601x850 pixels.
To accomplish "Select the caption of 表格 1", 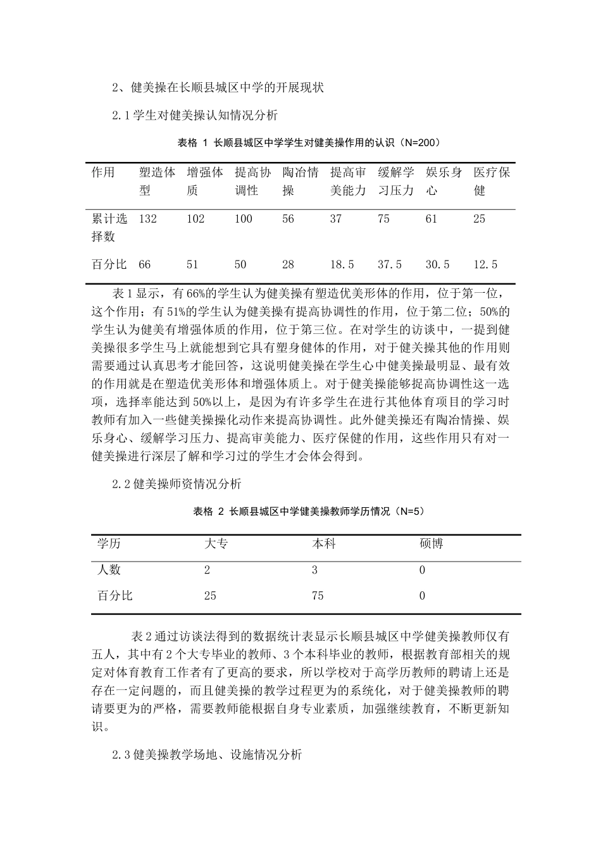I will coord(308,142).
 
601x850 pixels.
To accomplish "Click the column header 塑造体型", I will coord(157,181).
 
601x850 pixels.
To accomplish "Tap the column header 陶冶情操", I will coord(300,181).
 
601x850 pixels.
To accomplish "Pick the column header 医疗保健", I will coord(492,181).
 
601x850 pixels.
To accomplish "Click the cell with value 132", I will coord(147,219).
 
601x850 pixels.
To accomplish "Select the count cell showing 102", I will coord(195,219).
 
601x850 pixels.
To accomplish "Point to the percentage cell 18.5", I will coord(342,264).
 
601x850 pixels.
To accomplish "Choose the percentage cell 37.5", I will coord(390,264).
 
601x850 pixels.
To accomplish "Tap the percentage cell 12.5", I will coord(485,264).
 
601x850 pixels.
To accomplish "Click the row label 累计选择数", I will coord(109,228).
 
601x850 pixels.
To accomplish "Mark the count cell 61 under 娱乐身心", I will coord(431,219).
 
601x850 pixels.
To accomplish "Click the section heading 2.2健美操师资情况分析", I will coord(177,484).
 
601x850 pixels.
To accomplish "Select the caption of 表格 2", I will coord(308,512).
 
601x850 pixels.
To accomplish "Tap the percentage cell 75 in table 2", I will coord(318,595).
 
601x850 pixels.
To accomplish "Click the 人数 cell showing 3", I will coord(314,570).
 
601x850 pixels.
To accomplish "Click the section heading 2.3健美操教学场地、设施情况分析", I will coord(207,755).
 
